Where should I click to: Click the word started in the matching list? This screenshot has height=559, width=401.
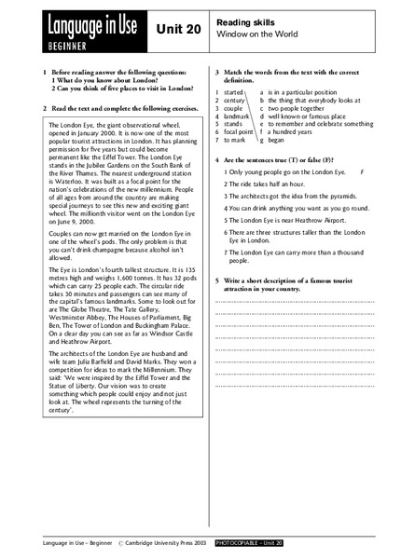click(x=233, y=93)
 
